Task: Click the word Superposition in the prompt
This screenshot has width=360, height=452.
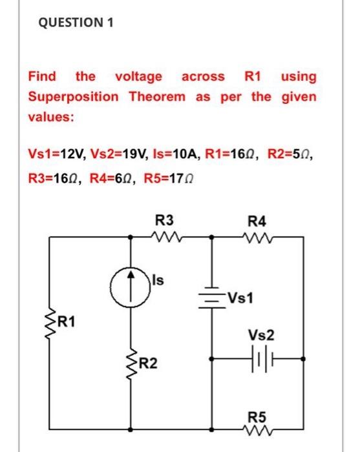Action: point(72,97)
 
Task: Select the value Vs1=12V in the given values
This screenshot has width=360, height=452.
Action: point(54,154)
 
